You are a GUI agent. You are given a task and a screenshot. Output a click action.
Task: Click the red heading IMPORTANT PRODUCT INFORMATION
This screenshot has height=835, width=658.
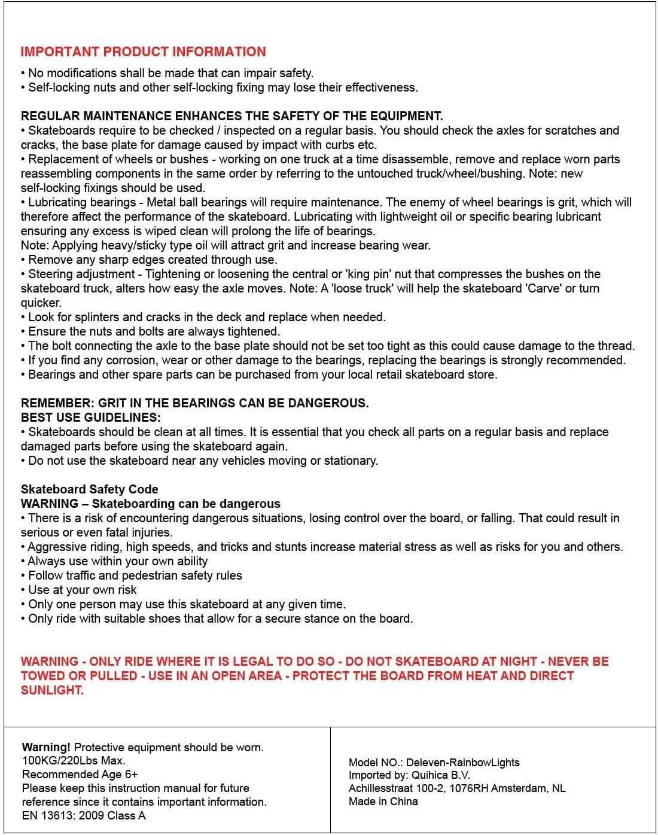point(143,51)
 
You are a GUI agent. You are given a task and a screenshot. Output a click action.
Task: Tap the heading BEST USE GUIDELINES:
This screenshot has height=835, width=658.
point(90,417)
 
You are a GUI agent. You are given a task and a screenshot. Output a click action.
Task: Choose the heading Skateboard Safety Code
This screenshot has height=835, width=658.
point(89,489)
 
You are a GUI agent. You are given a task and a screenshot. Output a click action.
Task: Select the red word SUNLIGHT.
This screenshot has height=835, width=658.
point(52,690)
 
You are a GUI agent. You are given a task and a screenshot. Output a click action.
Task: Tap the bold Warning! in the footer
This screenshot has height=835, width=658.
point(46,747)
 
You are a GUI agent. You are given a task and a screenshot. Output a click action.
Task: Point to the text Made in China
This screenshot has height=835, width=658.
point(383,802)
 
